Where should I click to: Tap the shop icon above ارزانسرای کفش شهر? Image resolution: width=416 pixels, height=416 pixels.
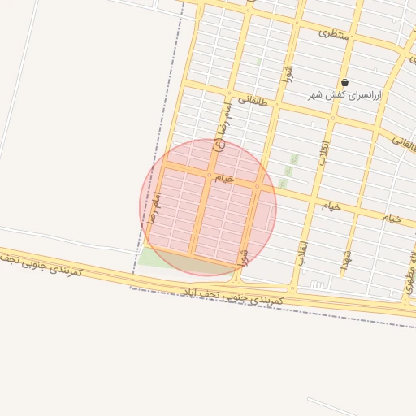(x=345, y=82)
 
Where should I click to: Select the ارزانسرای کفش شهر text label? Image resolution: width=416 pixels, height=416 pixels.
(x=344, y=95)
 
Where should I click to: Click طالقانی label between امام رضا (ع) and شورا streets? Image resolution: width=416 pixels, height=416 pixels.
(x=252, y=100)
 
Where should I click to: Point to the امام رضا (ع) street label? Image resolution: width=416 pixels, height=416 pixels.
(x=222, y=126)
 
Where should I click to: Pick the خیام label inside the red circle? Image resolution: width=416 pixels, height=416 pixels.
(x=223, y=177)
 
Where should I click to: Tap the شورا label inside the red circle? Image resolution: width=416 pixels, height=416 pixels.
(x=242, y=256)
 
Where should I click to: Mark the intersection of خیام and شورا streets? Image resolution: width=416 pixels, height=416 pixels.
(x=258, y=186)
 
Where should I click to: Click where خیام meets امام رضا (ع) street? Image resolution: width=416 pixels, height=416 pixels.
(x=209, y=174)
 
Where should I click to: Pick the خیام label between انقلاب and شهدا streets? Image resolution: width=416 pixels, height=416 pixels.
(x=331, y=206)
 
